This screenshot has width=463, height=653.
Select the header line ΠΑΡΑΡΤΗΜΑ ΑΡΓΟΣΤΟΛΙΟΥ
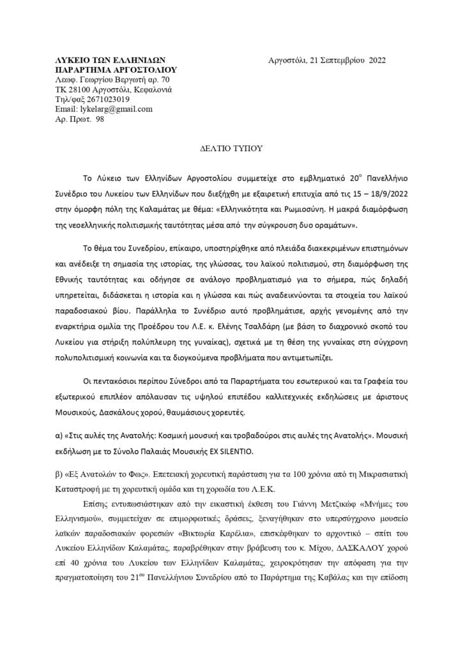116,70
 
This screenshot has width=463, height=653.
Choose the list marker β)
61,476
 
